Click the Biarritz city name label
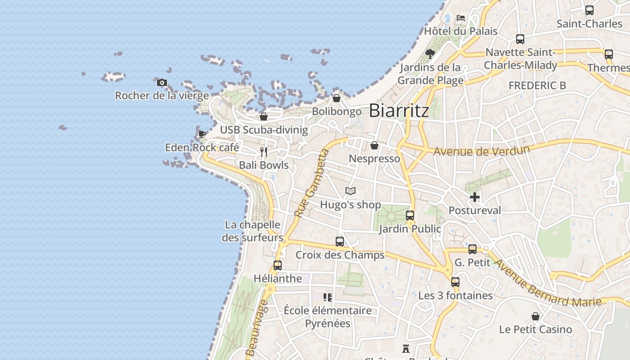point(399,111)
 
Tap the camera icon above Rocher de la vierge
point(162,82)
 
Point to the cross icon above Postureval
point(474,197)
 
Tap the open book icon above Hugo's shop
point(351,191)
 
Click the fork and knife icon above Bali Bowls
point(264,152)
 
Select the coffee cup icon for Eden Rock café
point(202,134)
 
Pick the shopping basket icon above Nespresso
point(374,145)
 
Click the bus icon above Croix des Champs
point(340,242)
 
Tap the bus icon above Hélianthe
point(278,265)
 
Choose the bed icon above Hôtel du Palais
point(461,18)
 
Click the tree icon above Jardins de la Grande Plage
point(430,54)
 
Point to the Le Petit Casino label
point(535,329)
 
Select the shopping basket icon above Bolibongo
point(337,98)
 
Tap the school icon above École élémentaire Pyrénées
point(328,297)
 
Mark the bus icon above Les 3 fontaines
point(455,282)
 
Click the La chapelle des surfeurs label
point(252,231)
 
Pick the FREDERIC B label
point(537,85)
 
